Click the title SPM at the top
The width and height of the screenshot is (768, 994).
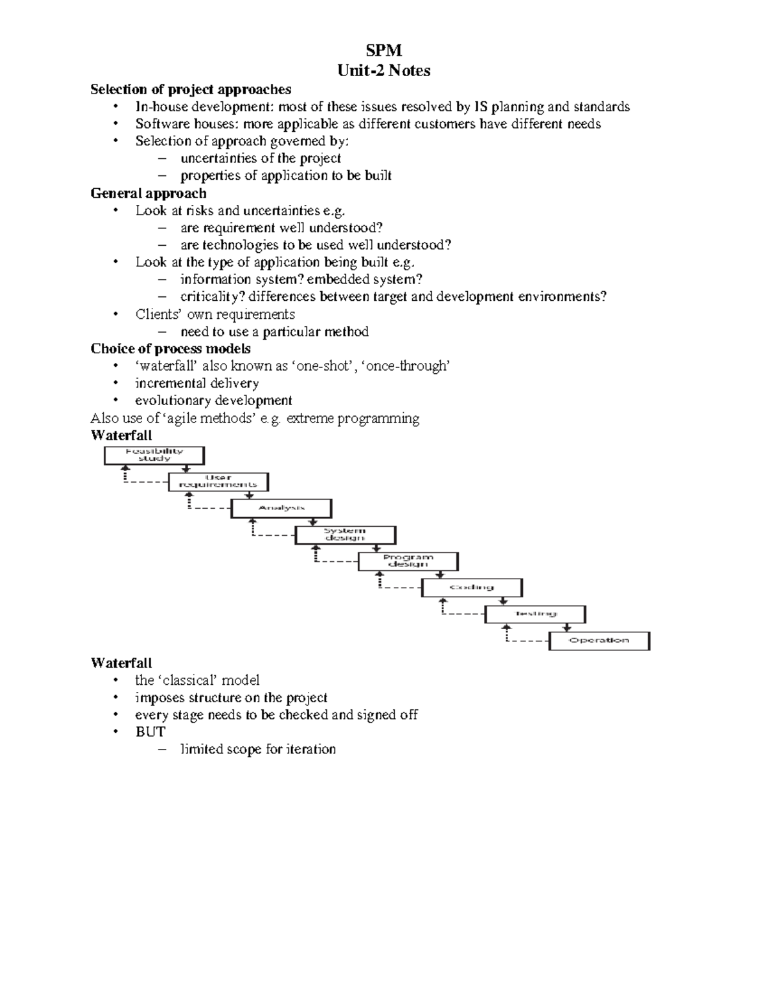383,51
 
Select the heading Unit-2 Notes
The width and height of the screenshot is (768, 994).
383,70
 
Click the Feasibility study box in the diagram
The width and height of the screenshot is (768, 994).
154,455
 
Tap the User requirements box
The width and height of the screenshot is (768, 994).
218,481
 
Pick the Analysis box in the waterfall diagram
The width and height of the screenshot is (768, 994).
282,508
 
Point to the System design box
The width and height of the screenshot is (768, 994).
345,534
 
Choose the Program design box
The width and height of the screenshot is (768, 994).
408,561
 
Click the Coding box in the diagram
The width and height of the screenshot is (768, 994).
472,588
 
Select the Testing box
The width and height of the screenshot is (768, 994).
535,614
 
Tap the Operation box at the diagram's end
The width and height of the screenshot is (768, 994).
599,641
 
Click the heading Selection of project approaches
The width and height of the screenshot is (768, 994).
191,89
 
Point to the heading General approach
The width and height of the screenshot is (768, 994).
148,193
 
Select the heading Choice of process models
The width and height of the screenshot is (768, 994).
170,349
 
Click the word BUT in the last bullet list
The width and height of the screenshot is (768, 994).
150,732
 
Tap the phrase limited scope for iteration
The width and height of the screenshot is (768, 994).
258,749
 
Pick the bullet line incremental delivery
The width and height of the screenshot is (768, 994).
197,383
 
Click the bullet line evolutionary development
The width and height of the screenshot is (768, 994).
214,401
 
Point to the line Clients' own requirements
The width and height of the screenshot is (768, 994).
215,314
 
